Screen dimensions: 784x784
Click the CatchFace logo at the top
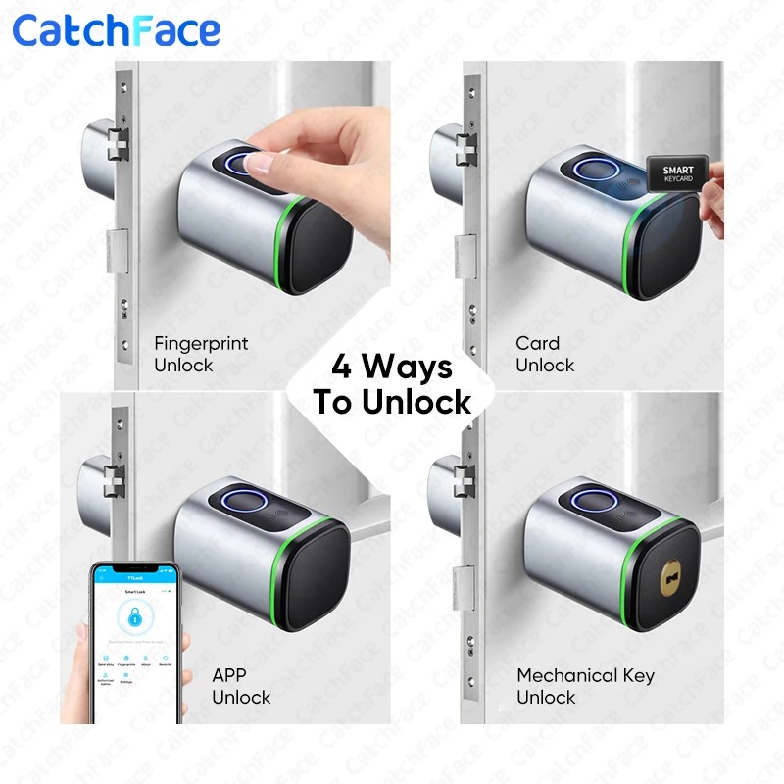pos(117,30)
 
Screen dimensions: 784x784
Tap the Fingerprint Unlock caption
pos(201,354)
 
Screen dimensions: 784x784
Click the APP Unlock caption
pos(241,686)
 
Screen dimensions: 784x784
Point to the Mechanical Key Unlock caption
pos(585,686)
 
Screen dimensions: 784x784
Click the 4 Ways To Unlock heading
pos(392,384)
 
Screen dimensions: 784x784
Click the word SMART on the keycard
pos(677,171)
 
